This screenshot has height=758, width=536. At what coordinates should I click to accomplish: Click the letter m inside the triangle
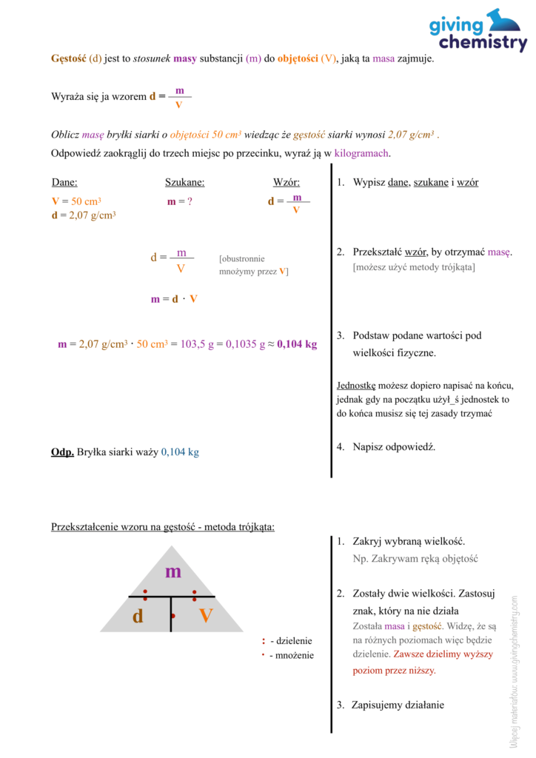pyautogui.click(x=172, y=571)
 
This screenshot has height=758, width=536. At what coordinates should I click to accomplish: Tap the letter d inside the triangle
pyautogui.click(x=138, y=617)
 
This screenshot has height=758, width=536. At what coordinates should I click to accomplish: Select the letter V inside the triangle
pyautogui.click(x=206, y=616)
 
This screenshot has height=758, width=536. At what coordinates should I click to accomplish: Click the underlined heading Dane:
pyautogui.click(x=64, y=183)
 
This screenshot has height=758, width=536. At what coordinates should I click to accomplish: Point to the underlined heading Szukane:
pyautogui.click(x=184, y=183)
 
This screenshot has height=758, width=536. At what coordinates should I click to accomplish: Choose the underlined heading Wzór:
pyautogui.click(x=287, y=183)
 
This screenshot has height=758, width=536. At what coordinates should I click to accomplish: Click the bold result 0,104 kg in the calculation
pyautogui.click(x=297, y=344)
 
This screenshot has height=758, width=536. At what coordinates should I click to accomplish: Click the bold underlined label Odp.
pyautogui.click(x=62, y=452)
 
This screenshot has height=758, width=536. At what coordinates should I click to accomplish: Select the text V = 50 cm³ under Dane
pyautogui.click(x=76, y=201)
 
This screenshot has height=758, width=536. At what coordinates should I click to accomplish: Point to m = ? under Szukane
pyautogui.click(x=180, y=201)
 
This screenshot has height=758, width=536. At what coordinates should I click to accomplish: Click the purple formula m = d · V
pyautogui.click(x=174, y=299)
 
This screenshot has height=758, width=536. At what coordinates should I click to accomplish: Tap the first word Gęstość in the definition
pyautogui.click(x=68, y=58)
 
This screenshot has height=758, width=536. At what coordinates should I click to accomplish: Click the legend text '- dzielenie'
pyautogui.click(x=291, y=641)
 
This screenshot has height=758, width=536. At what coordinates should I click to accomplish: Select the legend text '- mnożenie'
pyautogui.click(x=291, y=655)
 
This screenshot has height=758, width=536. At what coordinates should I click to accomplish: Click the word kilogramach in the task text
pyautogui.click(x=361, y=153)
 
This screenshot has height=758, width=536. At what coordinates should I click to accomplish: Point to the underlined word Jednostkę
pyautogui.click(x=357, y=386)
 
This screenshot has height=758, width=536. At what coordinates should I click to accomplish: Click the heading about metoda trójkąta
pyautogui.click(x=163, y=527)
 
